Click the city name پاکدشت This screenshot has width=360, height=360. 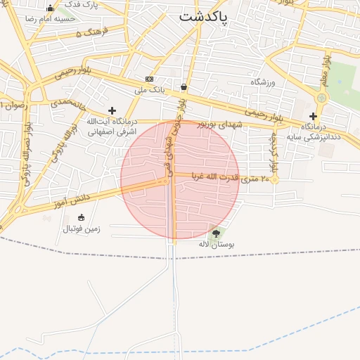[203, 17]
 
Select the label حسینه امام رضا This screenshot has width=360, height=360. [50, 20]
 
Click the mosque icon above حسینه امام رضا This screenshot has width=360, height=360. [50, 8]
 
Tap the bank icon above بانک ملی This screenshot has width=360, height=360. [148, 79]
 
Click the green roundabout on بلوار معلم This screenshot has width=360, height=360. [321, 97]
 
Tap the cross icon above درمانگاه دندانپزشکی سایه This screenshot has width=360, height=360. [313, 116]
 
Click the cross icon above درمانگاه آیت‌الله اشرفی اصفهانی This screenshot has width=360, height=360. [112, 110]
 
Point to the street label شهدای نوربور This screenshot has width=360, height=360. [219, 124]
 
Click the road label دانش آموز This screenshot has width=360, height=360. [53, 205]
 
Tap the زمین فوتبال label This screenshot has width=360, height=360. [82, 229]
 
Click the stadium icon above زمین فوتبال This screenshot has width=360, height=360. [82, 217]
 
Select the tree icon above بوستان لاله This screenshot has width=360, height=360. [215, 233]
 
